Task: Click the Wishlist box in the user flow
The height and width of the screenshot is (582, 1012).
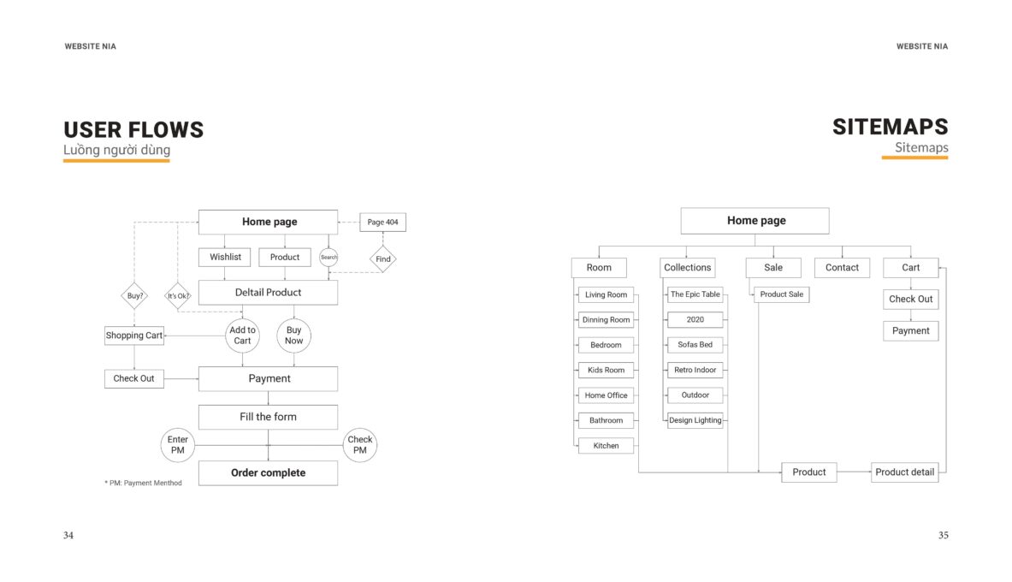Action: coord(225,257)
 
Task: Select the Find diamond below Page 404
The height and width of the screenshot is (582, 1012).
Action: coord(382,259)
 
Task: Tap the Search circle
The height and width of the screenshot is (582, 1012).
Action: coord(328,257)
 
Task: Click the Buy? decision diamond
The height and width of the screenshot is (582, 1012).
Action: coord(134,296)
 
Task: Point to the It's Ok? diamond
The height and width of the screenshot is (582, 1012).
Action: coord(178,296)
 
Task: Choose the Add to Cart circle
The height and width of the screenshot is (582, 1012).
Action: coord(243,336)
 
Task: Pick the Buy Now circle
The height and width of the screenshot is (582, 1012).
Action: coord(293,336)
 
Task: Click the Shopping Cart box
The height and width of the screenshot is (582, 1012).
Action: coord(134,336)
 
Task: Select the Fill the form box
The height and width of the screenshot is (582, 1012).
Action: coord(268,417)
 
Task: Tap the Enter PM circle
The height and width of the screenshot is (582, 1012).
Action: coord(177,445)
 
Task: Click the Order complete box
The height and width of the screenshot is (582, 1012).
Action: coord(268,472)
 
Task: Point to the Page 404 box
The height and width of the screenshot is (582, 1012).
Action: coord(382,223)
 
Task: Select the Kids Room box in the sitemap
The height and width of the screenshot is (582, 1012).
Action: coord(606,370)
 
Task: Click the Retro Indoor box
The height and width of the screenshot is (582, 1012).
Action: coord(695,370)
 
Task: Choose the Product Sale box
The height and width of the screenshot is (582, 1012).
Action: coord(782,294)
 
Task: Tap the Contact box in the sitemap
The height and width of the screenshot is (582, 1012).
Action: coord(842,267)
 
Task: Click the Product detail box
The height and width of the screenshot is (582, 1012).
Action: coord(904,472)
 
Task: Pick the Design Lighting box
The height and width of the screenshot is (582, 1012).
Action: coord(695,420)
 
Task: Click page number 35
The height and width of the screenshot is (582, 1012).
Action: coord(943,535)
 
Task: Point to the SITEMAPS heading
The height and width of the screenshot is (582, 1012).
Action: coord(890,127)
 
